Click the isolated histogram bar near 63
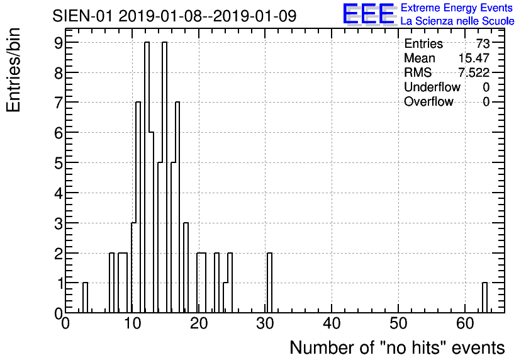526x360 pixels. tap(484, 298)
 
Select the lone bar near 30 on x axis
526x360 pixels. tap(269, 283)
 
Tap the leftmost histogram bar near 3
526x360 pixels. tap(85, 298)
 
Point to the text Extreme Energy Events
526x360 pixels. tap(456, 8)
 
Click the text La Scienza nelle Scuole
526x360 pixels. tap(457, 21)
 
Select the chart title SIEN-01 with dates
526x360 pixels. tap(174, 16)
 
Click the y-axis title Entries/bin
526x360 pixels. tap(14, 70)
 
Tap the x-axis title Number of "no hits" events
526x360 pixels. tap(397, 347)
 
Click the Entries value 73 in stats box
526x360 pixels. tap(483, 44)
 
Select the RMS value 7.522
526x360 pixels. tap(474, 73)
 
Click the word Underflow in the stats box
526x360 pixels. tap(432, 87)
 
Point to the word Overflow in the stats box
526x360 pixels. tap(428, 102)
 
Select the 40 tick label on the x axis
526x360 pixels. tap(331, 324)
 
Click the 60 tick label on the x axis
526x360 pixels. tap(464, 324)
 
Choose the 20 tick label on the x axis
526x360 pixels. tap(198, 324)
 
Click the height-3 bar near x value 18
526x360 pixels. tap(186, 268)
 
